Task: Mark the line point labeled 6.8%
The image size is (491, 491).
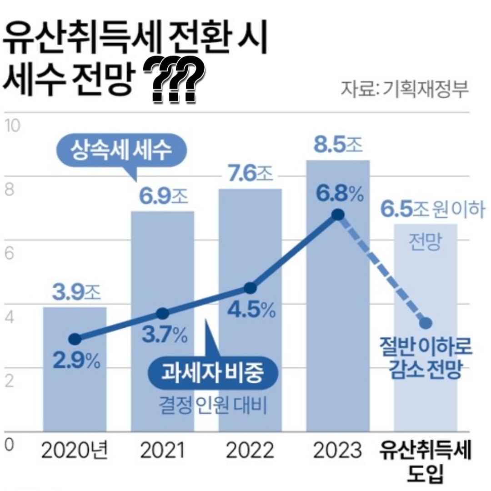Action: click(x=337, y=215)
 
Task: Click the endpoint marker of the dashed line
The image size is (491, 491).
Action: click(x=425, y=323)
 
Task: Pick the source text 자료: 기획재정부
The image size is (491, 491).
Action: click(x=404, y=89)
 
